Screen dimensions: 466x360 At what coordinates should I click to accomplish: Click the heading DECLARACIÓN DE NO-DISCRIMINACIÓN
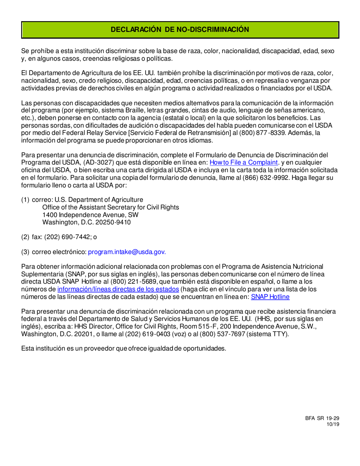tap(180, 30)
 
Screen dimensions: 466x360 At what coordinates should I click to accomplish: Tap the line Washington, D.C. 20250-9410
tap(87, 222)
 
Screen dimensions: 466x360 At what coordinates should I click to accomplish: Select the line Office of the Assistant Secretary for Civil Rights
tap(111, 208)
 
